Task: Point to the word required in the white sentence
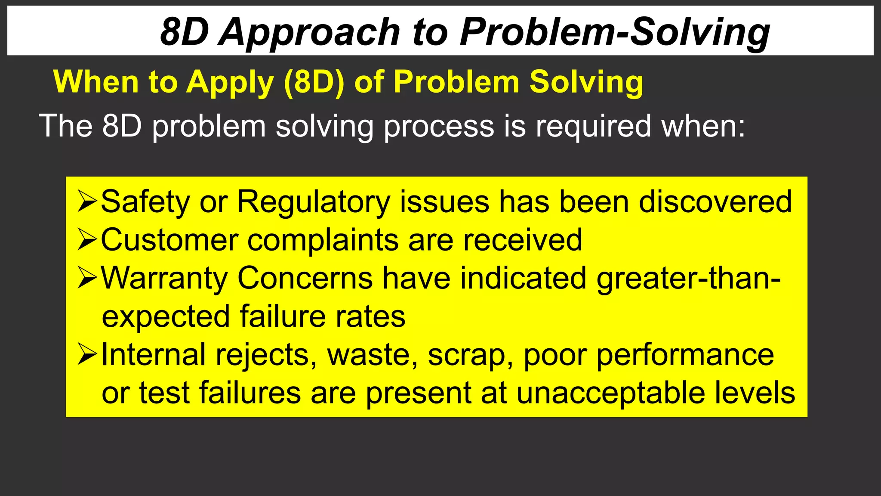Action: coord(593,126)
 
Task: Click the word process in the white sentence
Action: coord(439,126)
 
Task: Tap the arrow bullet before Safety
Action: coord(87,202)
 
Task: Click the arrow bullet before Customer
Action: coord(87,240)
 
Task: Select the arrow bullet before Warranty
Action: coord(87,278)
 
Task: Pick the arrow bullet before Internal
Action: coord(87,355)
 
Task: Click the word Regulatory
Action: coord(314,202)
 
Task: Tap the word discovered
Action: coord(715,202)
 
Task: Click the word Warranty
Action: coord(164,278)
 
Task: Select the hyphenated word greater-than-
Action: coord(688,278)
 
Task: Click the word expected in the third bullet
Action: coord(166,317)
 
